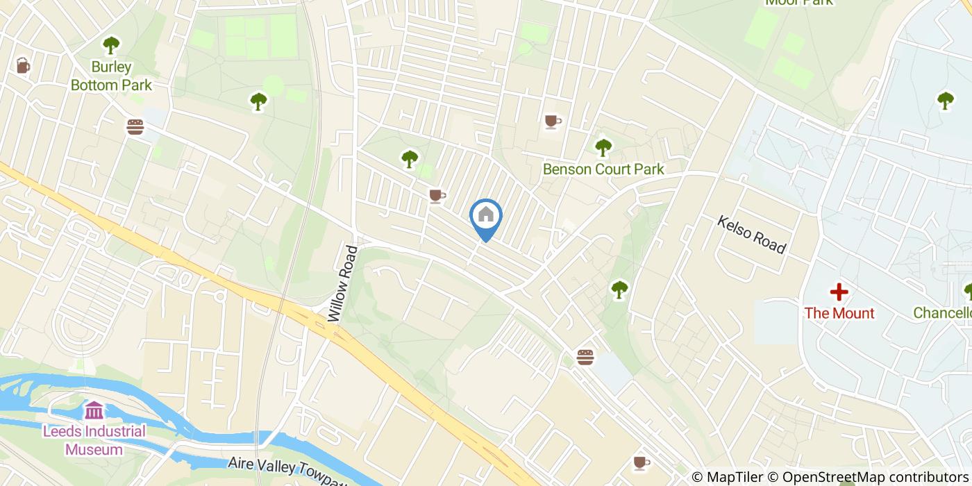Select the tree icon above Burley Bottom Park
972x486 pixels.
111,46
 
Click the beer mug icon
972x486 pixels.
23,66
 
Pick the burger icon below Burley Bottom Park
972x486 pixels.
135,127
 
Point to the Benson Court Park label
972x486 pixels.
603,169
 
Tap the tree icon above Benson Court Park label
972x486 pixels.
603,147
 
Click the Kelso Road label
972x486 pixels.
751,235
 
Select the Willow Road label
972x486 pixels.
344,283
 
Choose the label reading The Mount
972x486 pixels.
839,313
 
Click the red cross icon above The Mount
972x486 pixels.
839,292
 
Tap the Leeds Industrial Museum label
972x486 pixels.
94,440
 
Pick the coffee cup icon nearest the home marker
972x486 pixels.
437,196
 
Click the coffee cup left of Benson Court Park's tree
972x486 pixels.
553,121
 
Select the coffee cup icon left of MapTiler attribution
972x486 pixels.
642,462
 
